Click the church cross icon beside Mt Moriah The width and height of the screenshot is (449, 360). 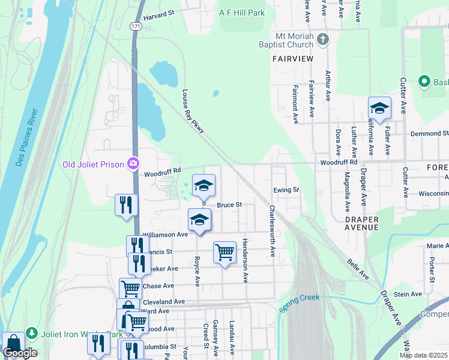tap(323, 40)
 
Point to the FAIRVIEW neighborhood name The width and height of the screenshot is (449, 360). tap(293, 59)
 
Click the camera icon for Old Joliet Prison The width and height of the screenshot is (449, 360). tap(133, 163)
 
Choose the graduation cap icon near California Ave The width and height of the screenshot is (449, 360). tap(379, 108)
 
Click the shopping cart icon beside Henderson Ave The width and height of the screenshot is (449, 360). tap(224, 253)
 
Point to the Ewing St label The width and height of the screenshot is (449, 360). tap(286, 190)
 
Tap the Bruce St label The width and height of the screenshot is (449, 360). tap(229, 205)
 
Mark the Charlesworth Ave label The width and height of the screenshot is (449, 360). tap(272, 232)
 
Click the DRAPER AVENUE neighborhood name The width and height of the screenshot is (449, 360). tap(361, 224)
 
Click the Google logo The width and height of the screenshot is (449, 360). tap(20, 353)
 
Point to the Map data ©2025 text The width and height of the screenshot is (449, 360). tap(423, 355)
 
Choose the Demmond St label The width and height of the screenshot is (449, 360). tap(429, 133)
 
